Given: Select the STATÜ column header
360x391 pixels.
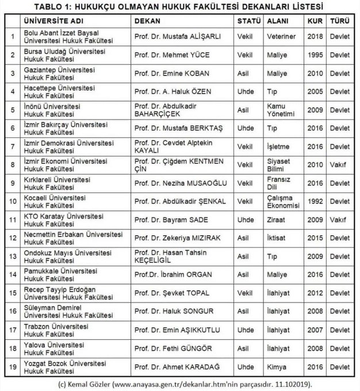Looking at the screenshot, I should (248, 20).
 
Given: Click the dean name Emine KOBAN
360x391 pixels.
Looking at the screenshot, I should (173, 72).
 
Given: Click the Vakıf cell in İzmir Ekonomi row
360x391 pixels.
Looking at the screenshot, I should (339, 164).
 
